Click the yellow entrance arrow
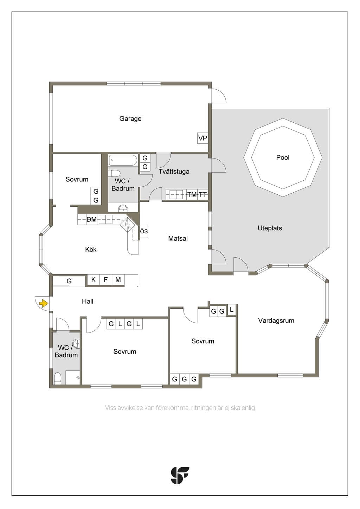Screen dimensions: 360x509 (x=44, y=303)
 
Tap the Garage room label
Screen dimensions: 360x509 (x=130, y=118)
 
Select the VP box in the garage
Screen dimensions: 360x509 (x=202, y=138)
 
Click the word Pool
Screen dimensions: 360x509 (x=283, y=157)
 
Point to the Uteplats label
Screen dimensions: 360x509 (x=270, y=228)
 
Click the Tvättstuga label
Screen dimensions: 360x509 (x=174, y=171)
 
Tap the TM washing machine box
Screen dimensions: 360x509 (x=192, y=194)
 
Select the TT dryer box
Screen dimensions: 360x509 (x=203, y=194)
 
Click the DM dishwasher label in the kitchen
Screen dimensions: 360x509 (x=92, y=219)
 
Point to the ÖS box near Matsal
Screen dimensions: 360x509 (x=144, y=231)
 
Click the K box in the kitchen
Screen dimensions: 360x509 (x=94, y=279)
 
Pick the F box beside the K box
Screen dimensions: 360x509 (x=106, y=279)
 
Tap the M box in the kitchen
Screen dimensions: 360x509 (x=118, y=279)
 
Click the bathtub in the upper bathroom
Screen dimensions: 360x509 (x=123, y=160)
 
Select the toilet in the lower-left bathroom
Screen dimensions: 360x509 (x=58, y=378)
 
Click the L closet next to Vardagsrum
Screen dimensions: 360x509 (x=232, y=309)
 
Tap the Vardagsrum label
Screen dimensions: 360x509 (x=276, y=320)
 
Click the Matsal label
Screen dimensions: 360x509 (x=178, y=238)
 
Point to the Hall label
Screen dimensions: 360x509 (x=88, y=301)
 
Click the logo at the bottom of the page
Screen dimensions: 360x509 (x=180, y=475)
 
